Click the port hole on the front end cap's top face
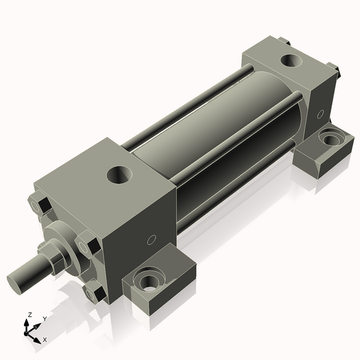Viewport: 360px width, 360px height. (x=119, y=175)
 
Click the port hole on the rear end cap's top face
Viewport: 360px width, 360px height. (x=291, y=61)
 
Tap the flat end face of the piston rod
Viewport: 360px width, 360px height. (x=14, y=284)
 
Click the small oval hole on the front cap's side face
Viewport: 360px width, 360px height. (x=152, y=239)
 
